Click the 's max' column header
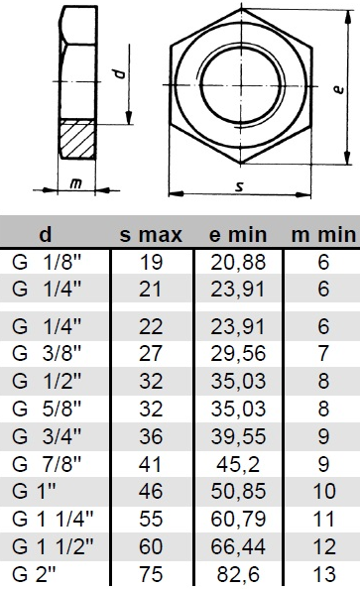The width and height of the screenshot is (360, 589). click(151, 235)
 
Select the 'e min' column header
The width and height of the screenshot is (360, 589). click(238, 235)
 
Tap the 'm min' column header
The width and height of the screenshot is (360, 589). click(323, 235)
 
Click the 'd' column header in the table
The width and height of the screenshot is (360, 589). click(45, 235)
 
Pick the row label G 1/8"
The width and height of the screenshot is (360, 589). click(47, 262)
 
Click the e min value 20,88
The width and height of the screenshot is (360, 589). click(238, 262)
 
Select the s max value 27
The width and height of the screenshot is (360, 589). click(151, 353)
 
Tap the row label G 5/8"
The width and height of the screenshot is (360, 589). click(47, 409)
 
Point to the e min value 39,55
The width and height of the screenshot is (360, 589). click(238, 436)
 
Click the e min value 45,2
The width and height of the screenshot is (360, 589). click(238, 464)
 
